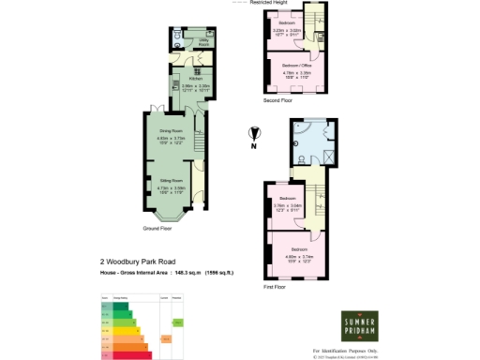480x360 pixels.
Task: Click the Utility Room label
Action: point(202,41)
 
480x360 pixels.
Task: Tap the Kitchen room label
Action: point(195,79)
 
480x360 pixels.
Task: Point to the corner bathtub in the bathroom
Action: point(299,143)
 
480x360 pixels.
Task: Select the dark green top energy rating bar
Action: point(119,306)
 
